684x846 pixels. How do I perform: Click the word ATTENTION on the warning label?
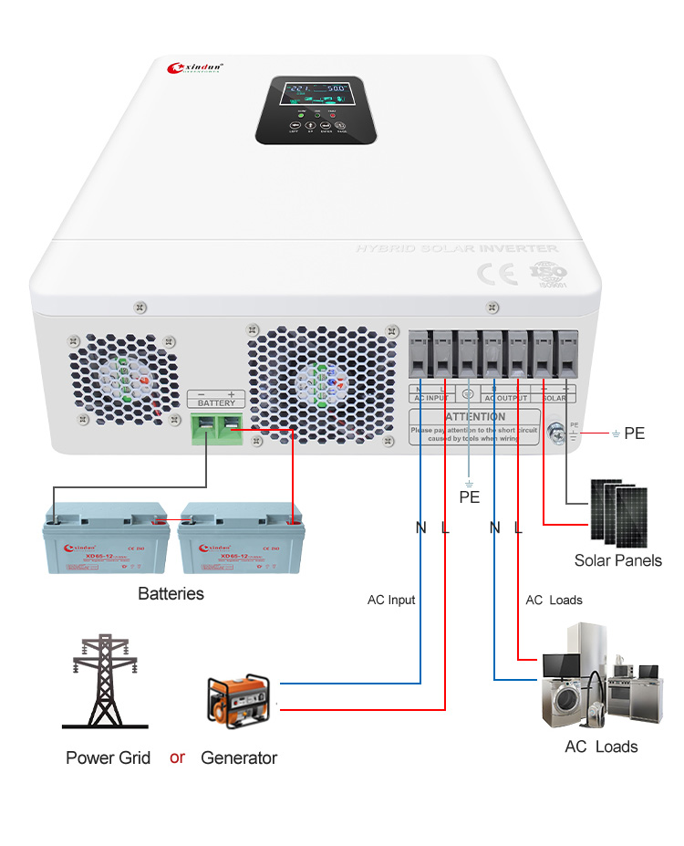tap(475, 416)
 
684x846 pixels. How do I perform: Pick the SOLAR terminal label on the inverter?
tap(554, 398)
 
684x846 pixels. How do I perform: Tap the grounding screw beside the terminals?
tap(556, 435)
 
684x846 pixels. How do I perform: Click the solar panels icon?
tap(617, 512)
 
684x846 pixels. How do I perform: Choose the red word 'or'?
tap(177, 757)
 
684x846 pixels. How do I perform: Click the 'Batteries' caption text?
tap(171, 594)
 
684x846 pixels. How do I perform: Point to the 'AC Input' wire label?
tap(391, 600)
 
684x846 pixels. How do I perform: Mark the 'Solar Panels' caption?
tap(617, 560)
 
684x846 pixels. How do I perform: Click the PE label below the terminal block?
tap(469, 498)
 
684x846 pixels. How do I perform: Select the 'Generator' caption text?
tap(239, 757)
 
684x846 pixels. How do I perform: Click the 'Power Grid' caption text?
tap(108, 757)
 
